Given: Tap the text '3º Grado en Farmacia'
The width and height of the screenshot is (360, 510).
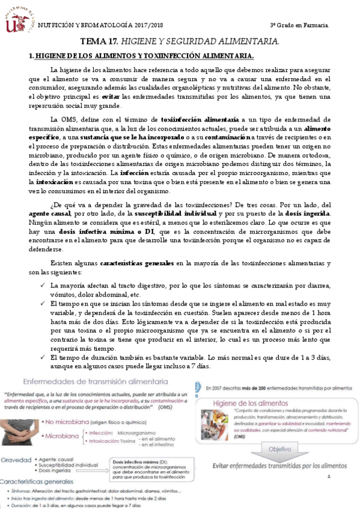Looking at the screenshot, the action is [x=299, y=25].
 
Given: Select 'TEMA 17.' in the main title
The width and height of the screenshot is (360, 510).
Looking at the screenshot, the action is [x=99, y=41].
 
